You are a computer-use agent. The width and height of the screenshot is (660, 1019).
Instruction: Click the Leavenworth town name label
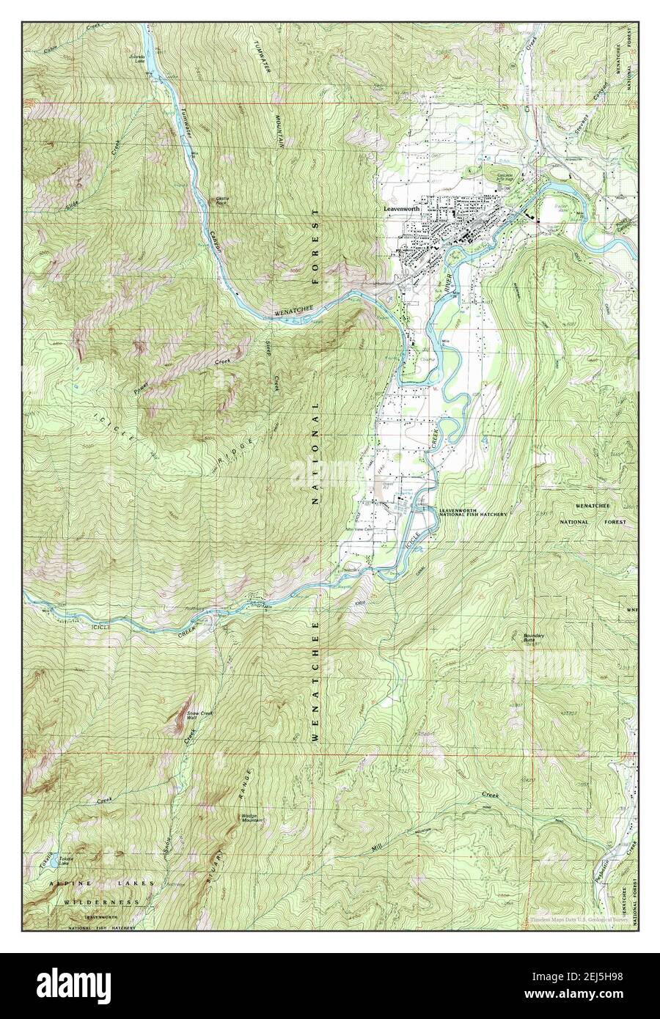(x=402, y=207)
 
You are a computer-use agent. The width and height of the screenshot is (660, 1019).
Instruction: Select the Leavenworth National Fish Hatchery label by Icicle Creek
(x=473, y=512)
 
